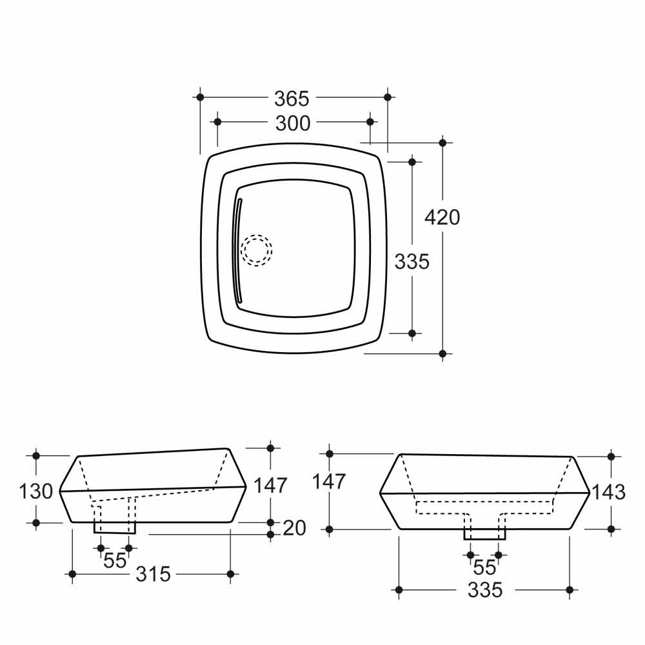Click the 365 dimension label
click(292, 99)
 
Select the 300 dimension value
click(292, 123)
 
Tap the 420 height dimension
click(442, 217)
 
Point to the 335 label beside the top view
click(412, 261)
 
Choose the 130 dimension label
click(36, 491)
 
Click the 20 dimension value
click(294, 528)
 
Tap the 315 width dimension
click(153, 574)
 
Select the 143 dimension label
click(609, 492)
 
